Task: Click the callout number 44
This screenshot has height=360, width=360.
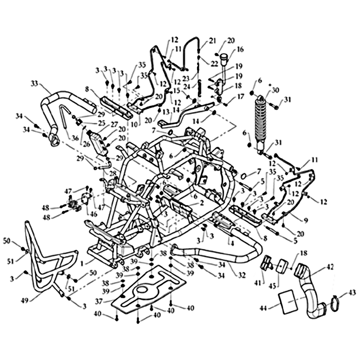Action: tap(263, 308)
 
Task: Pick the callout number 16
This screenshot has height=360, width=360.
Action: tap(240, 49)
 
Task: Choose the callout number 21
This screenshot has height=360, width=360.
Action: tap(212, 41)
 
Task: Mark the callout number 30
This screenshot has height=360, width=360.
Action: tap(275, 90)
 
